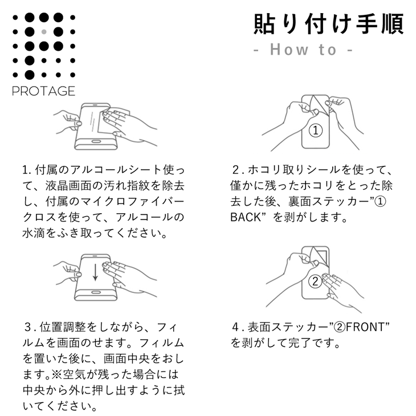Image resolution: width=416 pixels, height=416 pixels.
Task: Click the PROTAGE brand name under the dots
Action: (x=44, y=91)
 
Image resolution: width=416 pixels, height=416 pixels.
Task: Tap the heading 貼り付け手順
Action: (x=329, y=23)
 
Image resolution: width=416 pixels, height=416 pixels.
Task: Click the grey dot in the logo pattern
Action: (x=44, y=31)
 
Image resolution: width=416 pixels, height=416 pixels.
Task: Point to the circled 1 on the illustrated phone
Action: (x=316, y=129)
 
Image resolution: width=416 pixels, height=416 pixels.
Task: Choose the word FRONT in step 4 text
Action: (x=366, y=327)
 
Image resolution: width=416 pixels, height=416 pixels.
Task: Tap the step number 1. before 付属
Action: (x=27, y=170)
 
